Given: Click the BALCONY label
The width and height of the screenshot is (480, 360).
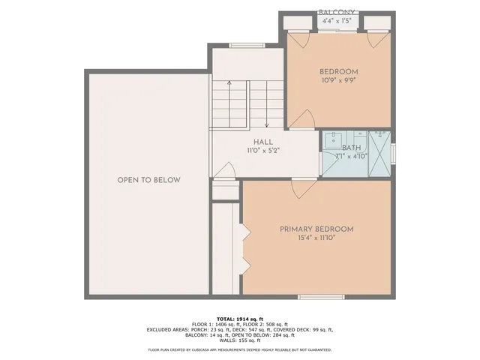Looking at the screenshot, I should (337, 13).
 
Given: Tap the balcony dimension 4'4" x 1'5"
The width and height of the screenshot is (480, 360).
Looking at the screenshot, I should (337, 22).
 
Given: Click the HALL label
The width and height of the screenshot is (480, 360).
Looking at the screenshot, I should (262, 142).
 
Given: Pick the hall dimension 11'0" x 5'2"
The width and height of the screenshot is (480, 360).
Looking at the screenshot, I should (262, 151).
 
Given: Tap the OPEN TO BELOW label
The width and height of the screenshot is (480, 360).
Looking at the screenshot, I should (148, 180).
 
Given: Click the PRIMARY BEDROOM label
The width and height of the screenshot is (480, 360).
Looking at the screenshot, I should (316, 229).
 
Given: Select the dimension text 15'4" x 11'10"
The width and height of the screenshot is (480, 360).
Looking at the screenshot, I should (316, 239).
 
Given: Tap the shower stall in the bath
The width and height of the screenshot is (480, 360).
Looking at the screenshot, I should (381, 153).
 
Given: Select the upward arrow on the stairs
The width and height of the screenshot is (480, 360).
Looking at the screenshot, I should (229, 94).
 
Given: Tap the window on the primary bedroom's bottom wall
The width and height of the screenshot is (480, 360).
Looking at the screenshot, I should (319, 298).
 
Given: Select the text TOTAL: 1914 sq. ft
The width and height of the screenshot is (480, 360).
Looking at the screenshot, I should (240, 318).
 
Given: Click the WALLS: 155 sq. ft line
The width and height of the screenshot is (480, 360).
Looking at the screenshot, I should (240, 340).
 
